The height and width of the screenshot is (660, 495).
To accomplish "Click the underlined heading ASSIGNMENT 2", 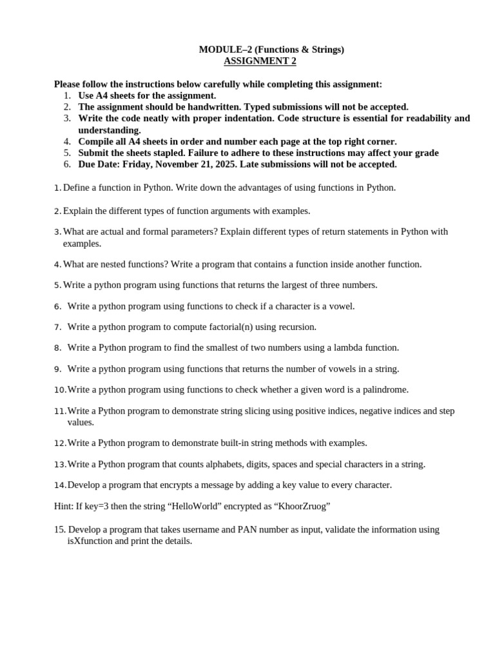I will [x=260, y=61].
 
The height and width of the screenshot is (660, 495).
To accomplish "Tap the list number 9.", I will [x=57, y=369].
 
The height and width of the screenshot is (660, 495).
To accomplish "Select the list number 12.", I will [x=60, y=443].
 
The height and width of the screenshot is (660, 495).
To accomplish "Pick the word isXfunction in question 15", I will [x=92, y=541].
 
